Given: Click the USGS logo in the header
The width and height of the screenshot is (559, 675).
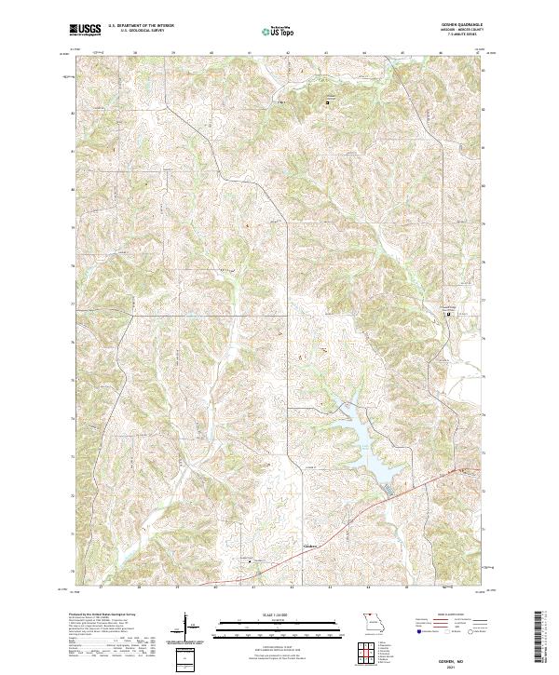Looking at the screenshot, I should click(83, 31).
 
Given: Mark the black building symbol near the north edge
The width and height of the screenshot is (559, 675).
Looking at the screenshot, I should click(327, 101).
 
